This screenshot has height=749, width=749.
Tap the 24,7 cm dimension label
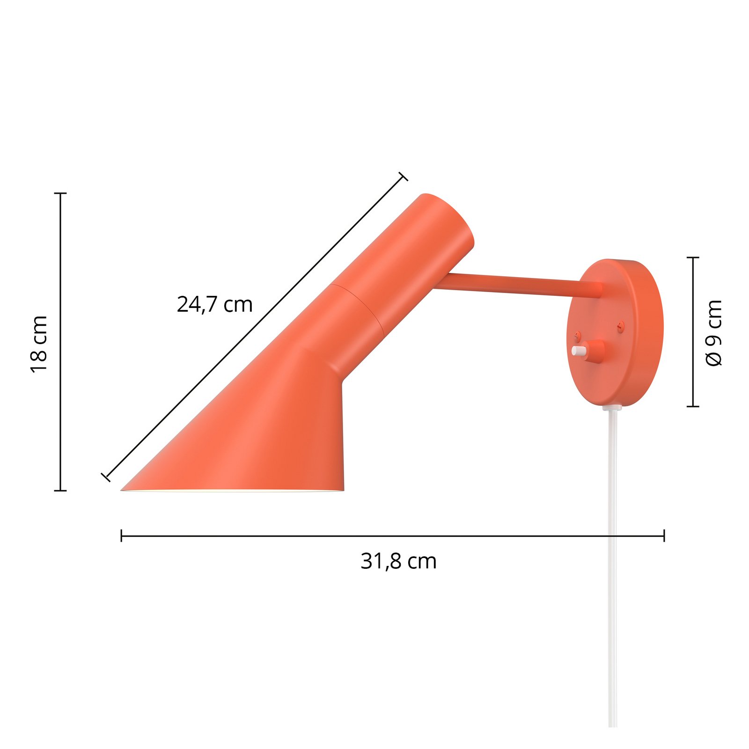tap(214, 305)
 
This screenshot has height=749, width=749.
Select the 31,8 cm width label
tap(398, 561)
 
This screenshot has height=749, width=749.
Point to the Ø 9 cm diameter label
tap(714, 333)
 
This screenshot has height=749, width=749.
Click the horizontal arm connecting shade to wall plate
tap(515, 285)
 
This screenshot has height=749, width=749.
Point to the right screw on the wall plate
tap(621, 324)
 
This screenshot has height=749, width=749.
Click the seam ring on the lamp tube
tap(358, 309)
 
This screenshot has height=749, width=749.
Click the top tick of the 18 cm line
tap(60, 193)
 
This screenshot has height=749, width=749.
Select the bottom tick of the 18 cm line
tap(60, 491)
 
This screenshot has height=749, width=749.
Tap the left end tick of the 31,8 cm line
tap(122, 536)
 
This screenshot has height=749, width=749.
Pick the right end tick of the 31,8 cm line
tap(664, 536)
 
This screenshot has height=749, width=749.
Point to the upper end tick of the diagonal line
tap(403, 176)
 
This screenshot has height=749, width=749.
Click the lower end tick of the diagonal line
tap(106, 477)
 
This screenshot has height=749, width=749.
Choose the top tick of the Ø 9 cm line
tap(693, 257)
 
